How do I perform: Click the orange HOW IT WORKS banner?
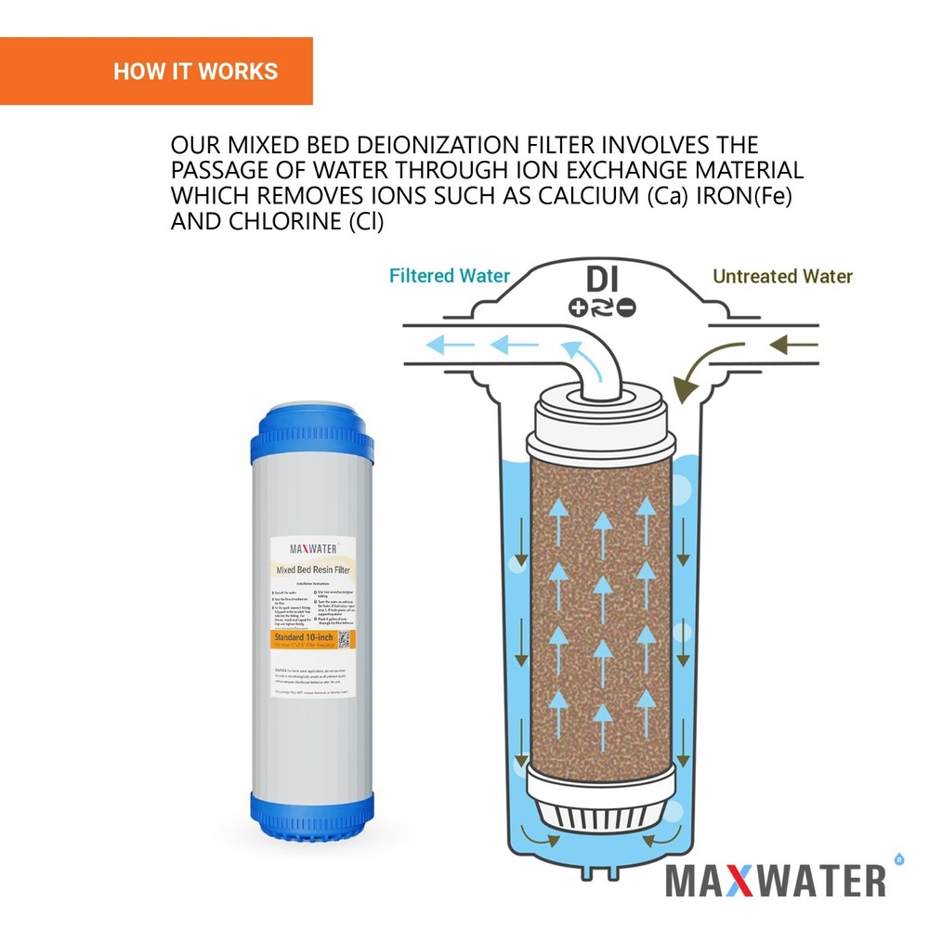[156, 72]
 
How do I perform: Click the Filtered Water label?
[449, 276]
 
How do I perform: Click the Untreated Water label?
[782, 276]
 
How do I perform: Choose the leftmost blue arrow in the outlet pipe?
[439, 347]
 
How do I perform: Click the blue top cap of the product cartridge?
[310, 437]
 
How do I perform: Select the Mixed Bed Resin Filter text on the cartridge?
[313, 569]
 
